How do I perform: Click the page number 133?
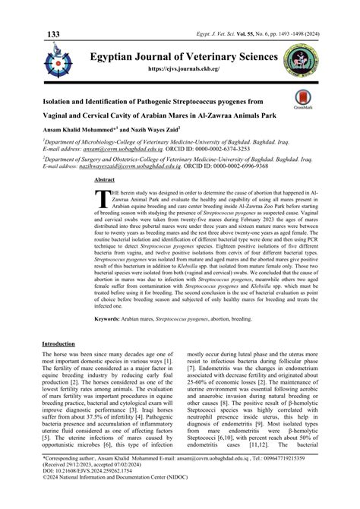(x=53, y=14)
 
